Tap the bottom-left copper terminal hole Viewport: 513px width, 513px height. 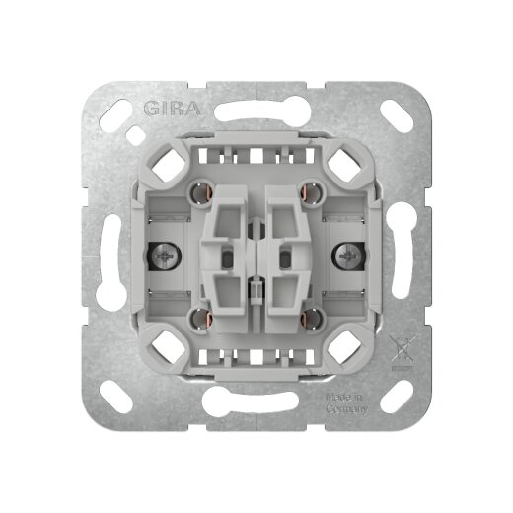point(199,318)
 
